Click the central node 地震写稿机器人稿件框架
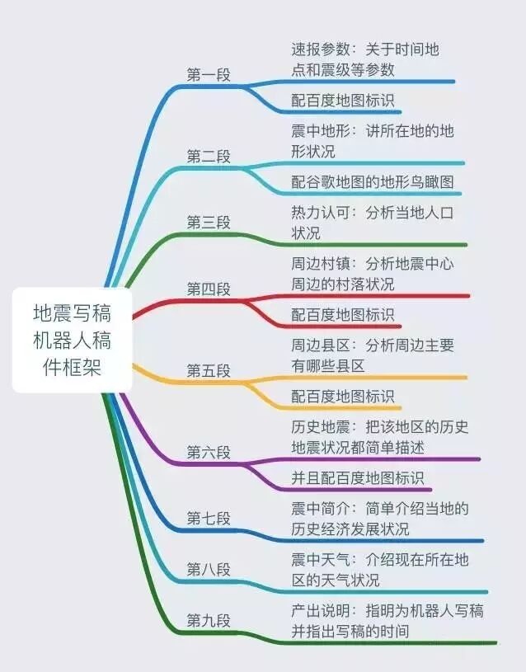click(71, 340)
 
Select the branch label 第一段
click(209, 75)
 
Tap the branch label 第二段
click(209, 157)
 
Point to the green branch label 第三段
click(209, 223)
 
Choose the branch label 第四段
click(209, 289)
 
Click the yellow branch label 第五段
click(209, 370)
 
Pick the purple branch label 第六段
click(209, 452)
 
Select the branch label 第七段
click(209, 518)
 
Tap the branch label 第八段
click(209, 569)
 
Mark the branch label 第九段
click(209, 620)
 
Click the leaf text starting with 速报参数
click(365, 59)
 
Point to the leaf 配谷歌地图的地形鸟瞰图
click(372, 181)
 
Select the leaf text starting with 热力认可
click(372, 223)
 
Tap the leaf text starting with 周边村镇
click(372, 274)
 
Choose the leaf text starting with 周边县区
click(372, 355)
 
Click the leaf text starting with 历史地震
click(379, 437)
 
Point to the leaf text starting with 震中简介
click(379, 518)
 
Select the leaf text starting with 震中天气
click(379, 570)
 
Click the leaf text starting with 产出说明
click(387, 621)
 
